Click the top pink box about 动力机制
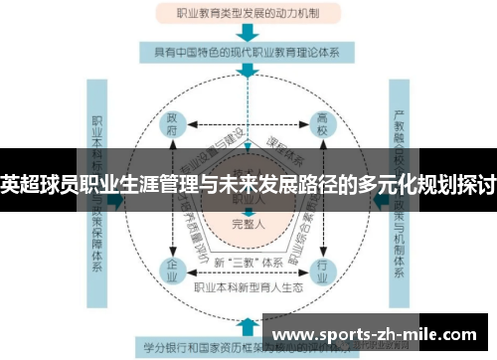click(x=248, y=15)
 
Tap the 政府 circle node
click(x=175, y=127)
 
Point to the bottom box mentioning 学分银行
click(x=199, y=347)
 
